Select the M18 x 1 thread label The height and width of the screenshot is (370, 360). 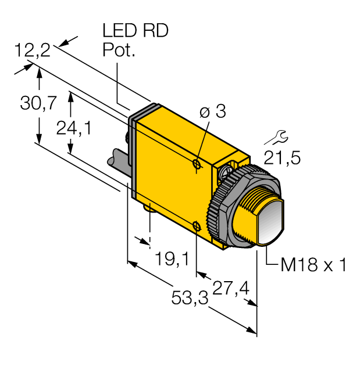click(x=313, y=265)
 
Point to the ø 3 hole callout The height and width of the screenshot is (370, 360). click(x=212, y=112)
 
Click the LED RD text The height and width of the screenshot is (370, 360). click(x=135, y=31)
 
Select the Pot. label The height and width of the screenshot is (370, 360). click(x=119, y=51)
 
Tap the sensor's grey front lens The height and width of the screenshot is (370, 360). click(x=269, y=223)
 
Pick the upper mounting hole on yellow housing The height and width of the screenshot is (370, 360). click(x=197, y=166)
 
